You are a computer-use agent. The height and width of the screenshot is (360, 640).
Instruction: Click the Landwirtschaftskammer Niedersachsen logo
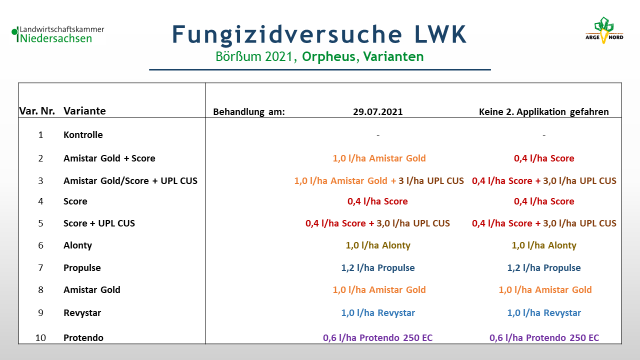pos(58,34)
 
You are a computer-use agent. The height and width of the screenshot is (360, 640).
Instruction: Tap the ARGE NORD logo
pos(604,30)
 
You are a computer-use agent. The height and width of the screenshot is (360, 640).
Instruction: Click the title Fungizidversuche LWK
pos(319,34)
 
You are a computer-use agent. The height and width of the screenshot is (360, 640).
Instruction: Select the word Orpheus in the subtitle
pos(328,56)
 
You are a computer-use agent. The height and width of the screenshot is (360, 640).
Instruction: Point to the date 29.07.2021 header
pos(377,111)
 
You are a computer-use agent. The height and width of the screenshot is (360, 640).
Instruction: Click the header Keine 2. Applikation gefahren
pos(543,111)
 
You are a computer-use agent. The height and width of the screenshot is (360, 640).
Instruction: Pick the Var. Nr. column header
pos(37,111)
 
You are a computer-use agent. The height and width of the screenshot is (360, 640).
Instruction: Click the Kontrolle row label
pos(83,134)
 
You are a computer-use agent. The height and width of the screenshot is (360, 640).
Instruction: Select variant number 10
pos(40,337)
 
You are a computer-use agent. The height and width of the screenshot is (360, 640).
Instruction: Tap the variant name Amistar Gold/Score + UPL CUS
pos(130,181)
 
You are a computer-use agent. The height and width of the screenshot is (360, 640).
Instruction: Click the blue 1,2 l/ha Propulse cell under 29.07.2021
pos(377,267)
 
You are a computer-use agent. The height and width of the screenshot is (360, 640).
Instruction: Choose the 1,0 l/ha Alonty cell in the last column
pos(543,245)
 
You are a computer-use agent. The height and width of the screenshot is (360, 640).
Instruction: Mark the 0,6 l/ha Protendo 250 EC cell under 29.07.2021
pos(377,337)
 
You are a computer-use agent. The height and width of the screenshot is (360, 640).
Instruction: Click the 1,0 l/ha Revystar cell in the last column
pos(543,313)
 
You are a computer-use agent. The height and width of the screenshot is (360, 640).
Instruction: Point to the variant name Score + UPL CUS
pos(99,223)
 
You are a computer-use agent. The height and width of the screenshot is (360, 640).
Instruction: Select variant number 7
pos(40,267)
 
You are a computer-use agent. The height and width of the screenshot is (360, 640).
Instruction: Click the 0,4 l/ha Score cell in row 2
pos(543,158)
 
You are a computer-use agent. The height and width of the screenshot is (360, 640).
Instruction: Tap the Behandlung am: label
pos(249,111)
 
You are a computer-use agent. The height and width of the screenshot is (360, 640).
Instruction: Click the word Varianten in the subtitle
pos(393,56)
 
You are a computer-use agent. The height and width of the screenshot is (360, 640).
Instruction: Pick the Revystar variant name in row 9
pos(82,313)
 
